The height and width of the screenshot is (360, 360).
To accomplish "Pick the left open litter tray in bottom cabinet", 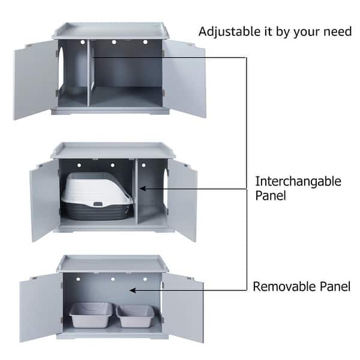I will pos(91,314).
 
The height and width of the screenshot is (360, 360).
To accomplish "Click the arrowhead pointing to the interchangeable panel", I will pos(143,188).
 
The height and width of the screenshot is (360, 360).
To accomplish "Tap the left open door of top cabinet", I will pos(35,79).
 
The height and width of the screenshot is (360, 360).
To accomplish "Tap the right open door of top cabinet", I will pos(184,77).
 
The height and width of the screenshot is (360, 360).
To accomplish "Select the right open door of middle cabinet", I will pos(182,198).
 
